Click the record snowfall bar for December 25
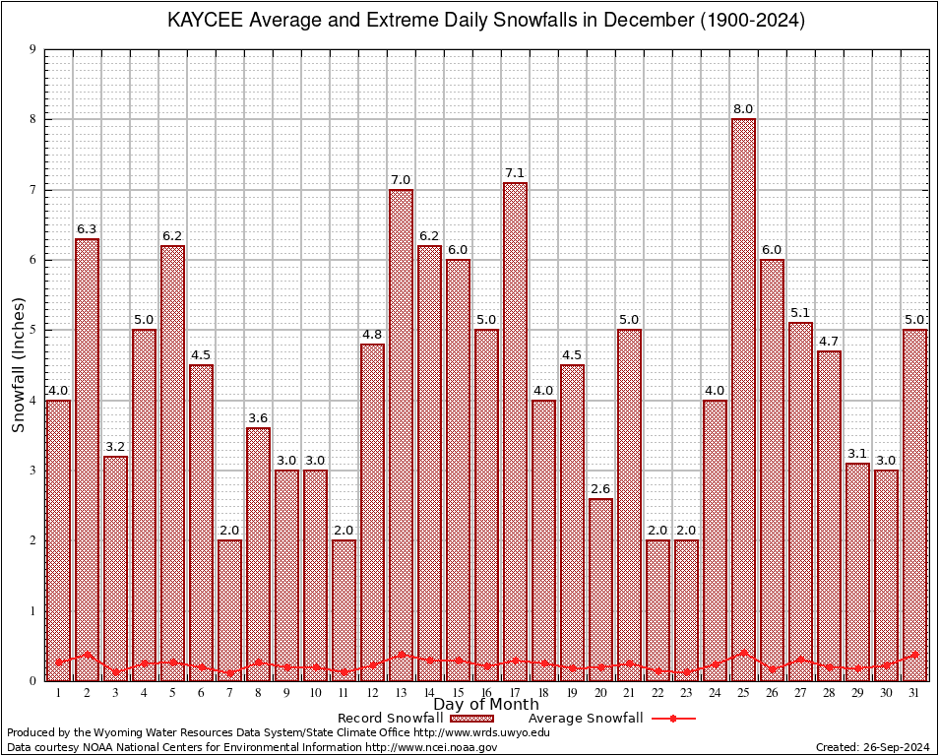[x=743, y=399]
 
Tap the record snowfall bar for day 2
[x=87, y=459]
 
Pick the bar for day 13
[x=401, y=434]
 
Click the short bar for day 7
[x=229, y=609]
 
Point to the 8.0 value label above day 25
[x=743, y=109]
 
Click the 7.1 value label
[x=515, y=172]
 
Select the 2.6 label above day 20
[x=600, y=488]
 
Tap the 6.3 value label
[x=87, y=229]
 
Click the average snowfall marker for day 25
[x=743, y=653]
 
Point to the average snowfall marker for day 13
[x=401, y=654]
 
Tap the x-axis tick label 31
[x=914, y=693]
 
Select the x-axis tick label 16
[x=486, y=693]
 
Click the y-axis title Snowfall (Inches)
[x=18, y=364]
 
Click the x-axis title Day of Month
[x=485, y=705]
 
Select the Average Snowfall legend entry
[x=610, y=719]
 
